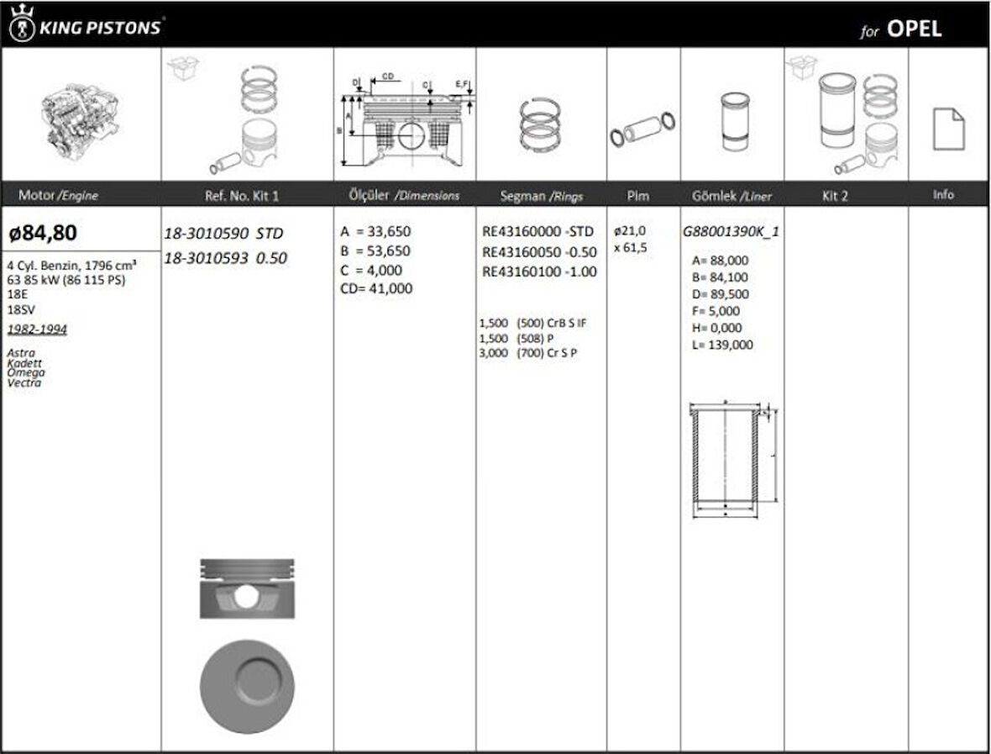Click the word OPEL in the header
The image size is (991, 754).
click(x=915, y=29)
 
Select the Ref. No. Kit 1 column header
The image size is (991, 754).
click(x=242, y=196)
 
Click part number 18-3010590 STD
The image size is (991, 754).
click(x=223, y=233)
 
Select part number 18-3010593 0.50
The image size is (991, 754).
click(x=225, y=258)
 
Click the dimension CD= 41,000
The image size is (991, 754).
click(x=376, y=288)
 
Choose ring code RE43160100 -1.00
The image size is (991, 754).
click(x=539, y=272)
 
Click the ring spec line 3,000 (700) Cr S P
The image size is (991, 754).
click(x=528, y=353)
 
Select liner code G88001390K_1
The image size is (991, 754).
click(x=731, y=232)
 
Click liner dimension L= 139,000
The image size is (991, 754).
click(x=722, y=345)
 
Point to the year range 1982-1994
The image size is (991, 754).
click(x=37, y=330)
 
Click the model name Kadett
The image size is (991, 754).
click(x=24, y=363)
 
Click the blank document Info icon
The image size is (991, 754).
click(x=948, y=129)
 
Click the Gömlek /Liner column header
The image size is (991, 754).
click(x=731, y=196)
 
